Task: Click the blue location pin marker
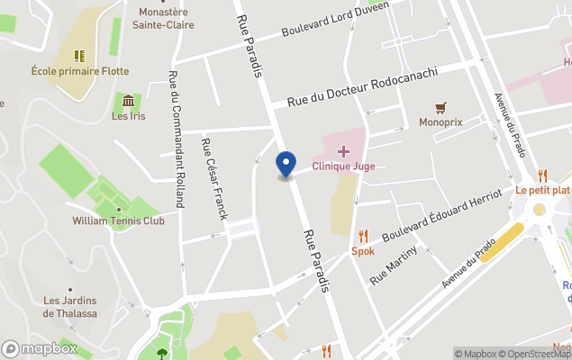pyautogui.click(x=286, y=165)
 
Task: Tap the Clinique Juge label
pyautogui.click(x=343, y=166)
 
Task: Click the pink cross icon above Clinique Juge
pyautogui.click(x=343, y=150)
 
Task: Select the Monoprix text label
pyautogui.click(x=440, y=122)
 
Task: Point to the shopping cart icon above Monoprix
pyautogui.click(x=440, y=107)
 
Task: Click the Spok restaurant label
pyautogui.click(x=363, y=251)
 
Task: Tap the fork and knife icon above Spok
pyautogui.click(x=363, y=236)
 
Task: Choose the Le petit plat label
pyautogui.click(x=542, y=191)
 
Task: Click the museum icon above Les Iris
pyautogui.click(x=128, y=100)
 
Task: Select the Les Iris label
pyautogui.click(x=128, y=115)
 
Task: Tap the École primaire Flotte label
pyautogui.click(x=80, y=71)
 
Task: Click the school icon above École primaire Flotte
pyautogui.click(x=80, y=56)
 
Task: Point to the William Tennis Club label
pyautogui.click(x=119, y=220)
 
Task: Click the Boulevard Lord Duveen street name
pyautogui.click(x=335, y=18)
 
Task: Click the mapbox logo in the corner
pyautogui.click(x=41, y=348)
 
